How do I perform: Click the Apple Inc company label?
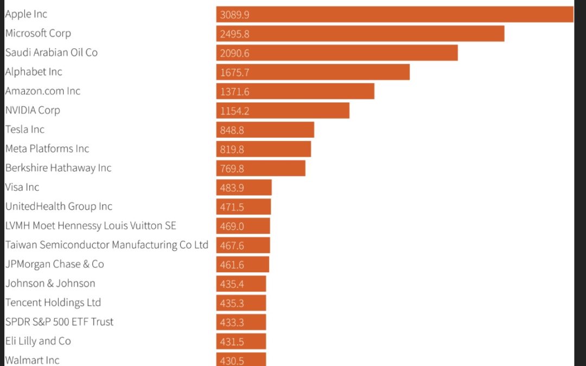(26, 14)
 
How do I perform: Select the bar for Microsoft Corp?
(360, 34)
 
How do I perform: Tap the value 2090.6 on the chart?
(234, 53)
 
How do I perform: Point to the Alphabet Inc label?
(34, 72)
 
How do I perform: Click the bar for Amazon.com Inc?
(295, 91)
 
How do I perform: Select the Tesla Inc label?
(25, 130)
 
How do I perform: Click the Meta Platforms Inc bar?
(264, 149)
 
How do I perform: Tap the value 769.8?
(232, 168)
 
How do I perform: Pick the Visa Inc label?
(22, 187)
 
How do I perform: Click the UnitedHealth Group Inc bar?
(244, 207)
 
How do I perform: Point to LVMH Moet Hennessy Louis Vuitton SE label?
(91, 226)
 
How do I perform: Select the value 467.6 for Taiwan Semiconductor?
(232, 246)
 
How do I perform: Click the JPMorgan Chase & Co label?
(54, 264)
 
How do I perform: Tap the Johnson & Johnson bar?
(241, 284)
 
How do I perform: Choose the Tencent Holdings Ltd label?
(53, 303)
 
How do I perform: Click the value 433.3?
(232, 323)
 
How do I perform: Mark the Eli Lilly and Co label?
(38, 341)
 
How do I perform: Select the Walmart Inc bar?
(241, 359)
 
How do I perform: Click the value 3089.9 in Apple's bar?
(234, 15)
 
